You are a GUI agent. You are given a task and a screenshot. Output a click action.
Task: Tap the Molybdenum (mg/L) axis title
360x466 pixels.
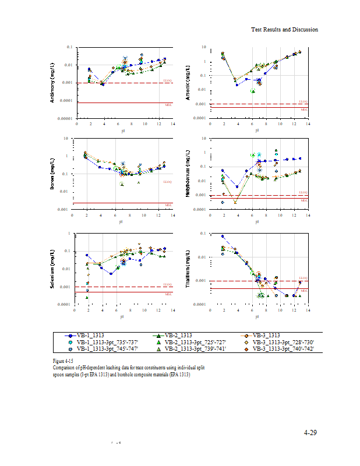(188, 173)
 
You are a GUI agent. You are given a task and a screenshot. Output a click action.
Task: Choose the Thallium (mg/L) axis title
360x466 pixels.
(188, 269)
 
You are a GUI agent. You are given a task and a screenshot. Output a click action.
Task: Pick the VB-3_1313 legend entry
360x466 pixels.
(266, 336)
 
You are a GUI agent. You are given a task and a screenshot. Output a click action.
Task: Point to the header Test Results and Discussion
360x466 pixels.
(284, 29)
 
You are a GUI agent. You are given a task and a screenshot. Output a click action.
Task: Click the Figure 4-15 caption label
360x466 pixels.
(63, 362)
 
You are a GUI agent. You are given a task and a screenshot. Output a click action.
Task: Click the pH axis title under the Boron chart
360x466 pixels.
(121, 221)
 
